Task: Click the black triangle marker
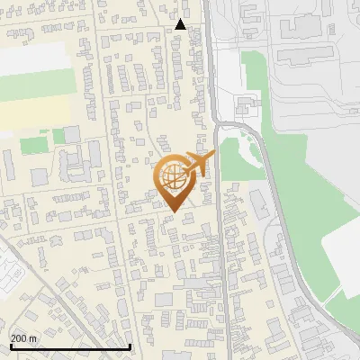(181, 25)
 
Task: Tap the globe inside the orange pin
(173, 178)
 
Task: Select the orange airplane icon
(199, 165)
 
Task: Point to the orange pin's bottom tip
(172, 212)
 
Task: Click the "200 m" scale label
(23, 337)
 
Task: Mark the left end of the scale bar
(10, 346)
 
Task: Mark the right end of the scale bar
(130, 346)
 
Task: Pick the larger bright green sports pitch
(34, 143)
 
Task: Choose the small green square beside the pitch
(58, 136)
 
